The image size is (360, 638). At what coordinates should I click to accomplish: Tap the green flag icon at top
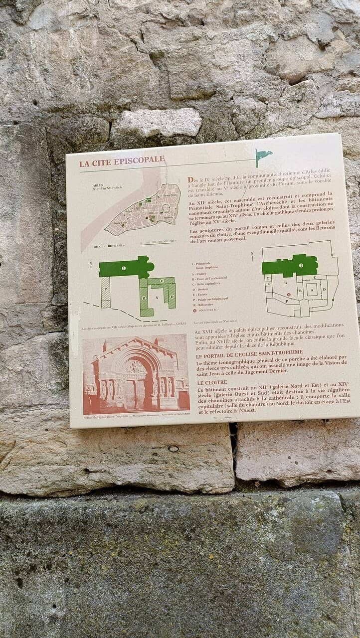click(262, 156)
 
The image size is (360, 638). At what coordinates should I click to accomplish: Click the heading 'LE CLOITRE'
click(212, 382)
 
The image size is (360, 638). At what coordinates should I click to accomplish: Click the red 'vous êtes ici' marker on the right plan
click(288, 295)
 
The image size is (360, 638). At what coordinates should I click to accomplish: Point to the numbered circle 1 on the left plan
click(124, 268)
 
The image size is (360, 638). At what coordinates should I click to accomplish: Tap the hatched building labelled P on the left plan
click(105, 292)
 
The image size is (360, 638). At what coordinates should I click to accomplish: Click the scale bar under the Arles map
click(159, 243)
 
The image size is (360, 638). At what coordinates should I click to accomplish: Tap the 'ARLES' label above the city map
click(98, 185)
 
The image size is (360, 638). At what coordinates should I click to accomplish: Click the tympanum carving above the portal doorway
click(135, 367)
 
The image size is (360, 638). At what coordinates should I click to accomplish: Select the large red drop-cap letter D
click(191, 180)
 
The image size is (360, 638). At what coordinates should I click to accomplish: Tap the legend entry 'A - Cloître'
click(201, 273)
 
